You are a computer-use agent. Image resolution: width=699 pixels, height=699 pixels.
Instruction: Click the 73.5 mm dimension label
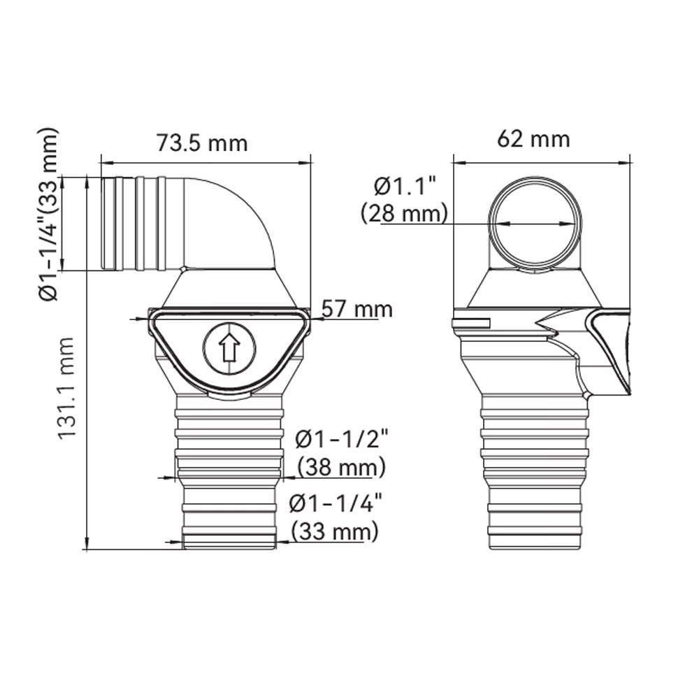tap(201, 143)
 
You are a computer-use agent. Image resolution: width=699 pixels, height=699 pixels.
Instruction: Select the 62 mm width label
tap(533, 139)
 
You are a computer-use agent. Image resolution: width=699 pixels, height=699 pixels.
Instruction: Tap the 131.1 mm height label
tap(66, 388)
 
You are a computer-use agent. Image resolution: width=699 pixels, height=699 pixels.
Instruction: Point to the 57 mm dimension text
tap(357, 309)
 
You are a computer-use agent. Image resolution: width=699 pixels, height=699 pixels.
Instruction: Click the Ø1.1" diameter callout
tap(405, 187)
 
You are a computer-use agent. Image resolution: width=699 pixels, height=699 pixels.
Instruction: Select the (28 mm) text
tap(404, 213)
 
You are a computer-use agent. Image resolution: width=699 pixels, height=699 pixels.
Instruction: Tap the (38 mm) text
tap(342, 468)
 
